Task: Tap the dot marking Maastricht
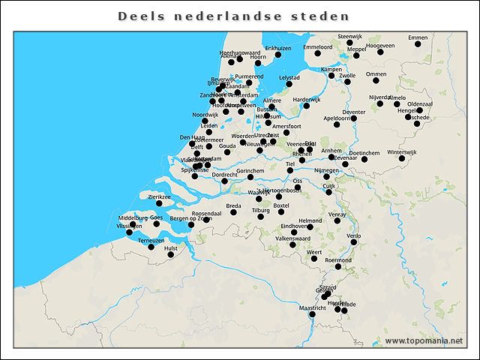tap(313, 315)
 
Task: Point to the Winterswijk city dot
tap(402, 159)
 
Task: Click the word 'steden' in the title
tap(322, 15)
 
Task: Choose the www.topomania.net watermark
tap(424, 340)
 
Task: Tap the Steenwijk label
tap(350, 36)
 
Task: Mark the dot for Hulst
tap(170, 255)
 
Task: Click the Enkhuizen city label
tap(278, 48)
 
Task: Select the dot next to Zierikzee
tap(159, 203)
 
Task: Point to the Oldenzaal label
tap(420, 103)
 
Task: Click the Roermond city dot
tap(338, 266)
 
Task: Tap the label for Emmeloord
tap(318, 47)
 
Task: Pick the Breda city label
tap(234, 205)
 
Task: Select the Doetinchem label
tap(364, 152)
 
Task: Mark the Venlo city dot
tap(354, 242)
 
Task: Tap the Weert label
tap(313, 252)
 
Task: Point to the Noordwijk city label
tap(205, 115)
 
